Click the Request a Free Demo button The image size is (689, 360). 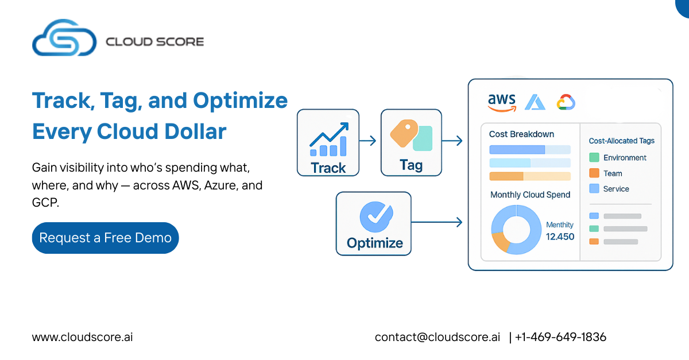105,238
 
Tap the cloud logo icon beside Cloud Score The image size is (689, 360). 64,37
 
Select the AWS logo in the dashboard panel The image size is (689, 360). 502,102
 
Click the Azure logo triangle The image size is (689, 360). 535,102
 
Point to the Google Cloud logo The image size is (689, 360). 566,102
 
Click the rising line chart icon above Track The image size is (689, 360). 329,140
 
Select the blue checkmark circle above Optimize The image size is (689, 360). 376,216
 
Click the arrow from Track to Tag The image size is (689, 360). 367,141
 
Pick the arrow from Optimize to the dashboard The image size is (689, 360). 437,222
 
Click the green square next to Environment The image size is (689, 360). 594,157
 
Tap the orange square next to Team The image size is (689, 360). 594,173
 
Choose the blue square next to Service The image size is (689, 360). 594,188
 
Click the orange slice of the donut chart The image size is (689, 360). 500,242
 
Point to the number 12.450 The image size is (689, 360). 560,237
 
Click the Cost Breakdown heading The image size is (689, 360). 522,134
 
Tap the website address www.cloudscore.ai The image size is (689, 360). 83,337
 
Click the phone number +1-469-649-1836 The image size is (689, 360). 560,337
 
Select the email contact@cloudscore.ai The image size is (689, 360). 438,337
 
